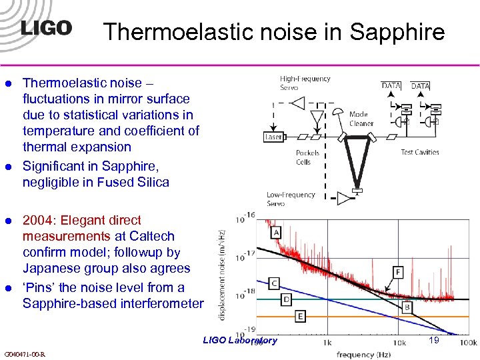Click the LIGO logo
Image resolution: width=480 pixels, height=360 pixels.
click(45, 27)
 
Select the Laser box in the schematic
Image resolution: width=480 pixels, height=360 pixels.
click(273, 137)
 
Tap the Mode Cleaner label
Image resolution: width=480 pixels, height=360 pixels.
click(362, 119)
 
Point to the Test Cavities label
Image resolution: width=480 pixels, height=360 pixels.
click(419, 152)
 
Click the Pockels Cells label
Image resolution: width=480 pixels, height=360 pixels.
click(308, 157)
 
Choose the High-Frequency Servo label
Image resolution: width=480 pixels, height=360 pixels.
click(305, 83)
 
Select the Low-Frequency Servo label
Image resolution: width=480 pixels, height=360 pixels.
click(291, 199)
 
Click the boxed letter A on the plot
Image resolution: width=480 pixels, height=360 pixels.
click(275, 232)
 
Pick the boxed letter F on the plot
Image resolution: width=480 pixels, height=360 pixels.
click(398, 272)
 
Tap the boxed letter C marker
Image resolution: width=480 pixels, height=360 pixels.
click(273, 283)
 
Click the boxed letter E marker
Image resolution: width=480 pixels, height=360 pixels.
click(301, 315)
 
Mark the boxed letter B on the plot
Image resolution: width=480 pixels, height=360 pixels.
click(407, 307)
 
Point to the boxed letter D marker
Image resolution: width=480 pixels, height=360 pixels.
click(286, 299)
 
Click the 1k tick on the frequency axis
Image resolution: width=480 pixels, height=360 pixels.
click(326, 342)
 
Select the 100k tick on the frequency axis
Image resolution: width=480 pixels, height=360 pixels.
click(469, 342)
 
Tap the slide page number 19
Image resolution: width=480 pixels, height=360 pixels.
click(433, 340)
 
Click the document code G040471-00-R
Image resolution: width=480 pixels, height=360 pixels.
click(25, 353)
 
